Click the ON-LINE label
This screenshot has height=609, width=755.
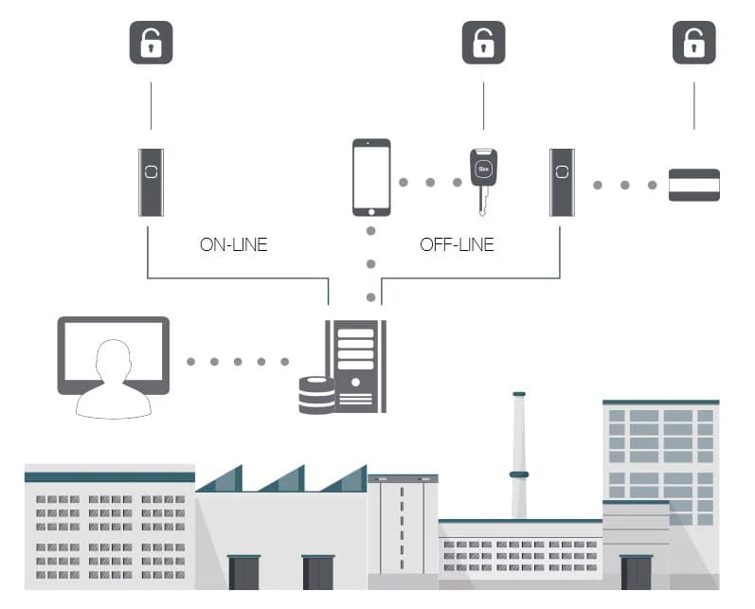point(234,244)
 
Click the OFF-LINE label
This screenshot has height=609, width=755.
point(457,244)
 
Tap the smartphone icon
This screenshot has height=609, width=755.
point(371,178)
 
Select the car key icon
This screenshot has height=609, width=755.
point(483,182)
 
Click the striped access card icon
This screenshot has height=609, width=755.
point(693,185)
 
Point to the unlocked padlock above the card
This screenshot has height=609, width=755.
point(693,43)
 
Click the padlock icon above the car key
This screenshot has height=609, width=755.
point(483,43)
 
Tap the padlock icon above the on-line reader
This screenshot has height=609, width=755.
point(151,43)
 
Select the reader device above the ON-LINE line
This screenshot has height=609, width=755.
point(151,183)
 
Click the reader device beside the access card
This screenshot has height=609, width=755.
point(562,183)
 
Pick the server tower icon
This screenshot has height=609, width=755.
point(356,367)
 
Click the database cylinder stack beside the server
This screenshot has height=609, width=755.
point(316,395)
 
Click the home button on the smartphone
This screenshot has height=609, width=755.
point(371,212)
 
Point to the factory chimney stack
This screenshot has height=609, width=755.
point(518,456)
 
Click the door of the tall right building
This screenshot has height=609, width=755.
point(636,572)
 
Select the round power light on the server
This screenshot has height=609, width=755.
point(356,383)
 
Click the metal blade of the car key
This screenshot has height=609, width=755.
point(483,201)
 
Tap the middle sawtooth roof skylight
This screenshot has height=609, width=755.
point(283,478)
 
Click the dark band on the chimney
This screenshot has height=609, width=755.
point(519,475)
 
